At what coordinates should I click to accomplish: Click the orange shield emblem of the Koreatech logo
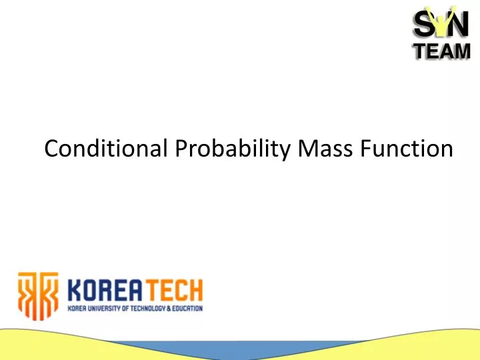click(x=38, y=293)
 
